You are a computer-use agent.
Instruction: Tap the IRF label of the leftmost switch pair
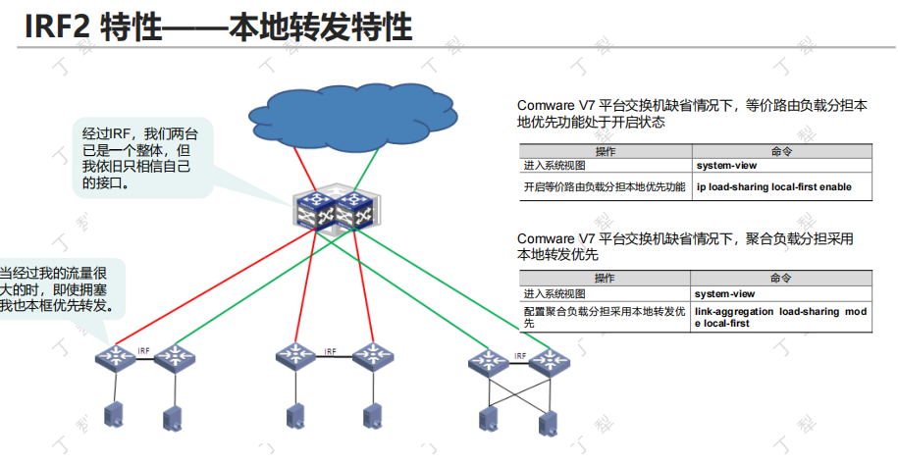click(144, 349)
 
